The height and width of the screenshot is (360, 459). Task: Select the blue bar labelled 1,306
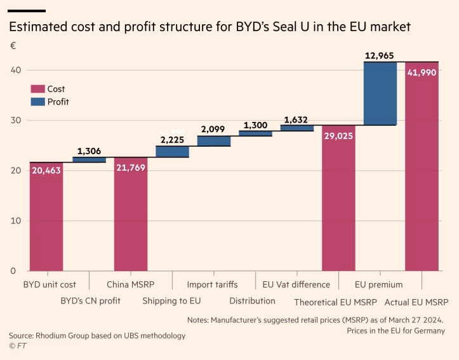pos(89,159)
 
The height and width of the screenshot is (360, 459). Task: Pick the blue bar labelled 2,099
pos(214,141)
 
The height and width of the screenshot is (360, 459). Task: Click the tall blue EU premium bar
pos(380,93)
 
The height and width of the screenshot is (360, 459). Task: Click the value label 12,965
pos(380,56)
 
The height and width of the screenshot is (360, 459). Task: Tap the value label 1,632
pos(296,119)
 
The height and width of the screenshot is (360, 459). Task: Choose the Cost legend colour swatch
pos(37,90)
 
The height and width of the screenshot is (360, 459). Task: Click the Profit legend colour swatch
pos(37,102)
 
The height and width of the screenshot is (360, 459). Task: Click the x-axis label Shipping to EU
pos(171,300)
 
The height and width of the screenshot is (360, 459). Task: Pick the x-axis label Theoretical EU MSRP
pos(335,301)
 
